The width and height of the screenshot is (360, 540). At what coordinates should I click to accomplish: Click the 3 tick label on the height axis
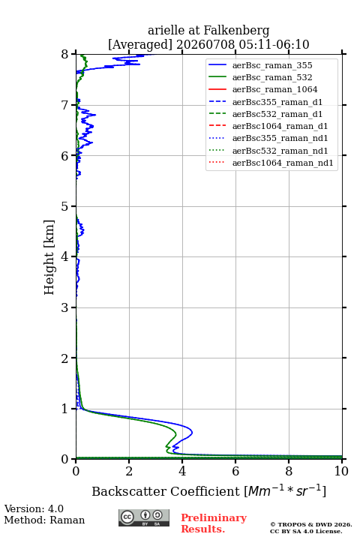tap(65, 307)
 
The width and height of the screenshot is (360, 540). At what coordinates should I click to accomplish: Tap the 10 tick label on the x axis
tap(341, 471)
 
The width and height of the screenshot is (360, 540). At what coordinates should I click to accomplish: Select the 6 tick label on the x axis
tap(235, 471)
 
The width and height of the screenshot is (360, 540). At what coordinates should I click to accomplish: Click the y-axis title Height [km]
tap(49, 257)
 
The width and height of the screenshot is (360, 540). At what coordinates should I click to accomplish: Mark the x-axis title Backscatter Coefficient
tap(166, 491)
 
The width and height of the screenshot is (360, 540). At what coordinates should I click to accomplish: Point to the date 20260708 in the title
tap(205, 44)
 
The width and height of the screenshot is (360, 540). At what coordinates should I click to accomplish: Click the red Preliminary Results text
tap(214, 523)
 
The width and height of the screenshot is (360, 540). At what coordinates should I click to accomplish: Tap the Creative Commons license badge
tap(144, 517)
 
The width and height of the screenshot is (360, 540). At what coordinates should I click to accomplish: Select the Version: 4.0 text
tap(34, 508)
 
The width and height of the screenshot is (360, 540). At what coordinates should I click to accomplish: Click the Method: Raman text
tap(44, 520)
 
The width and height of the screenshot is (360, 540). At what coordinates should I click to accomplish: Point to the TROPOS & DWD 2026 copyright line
tap(311, 524)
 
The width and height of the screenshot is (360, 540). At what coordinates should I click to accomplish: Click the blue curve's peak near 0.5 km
tap(192, 432)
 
